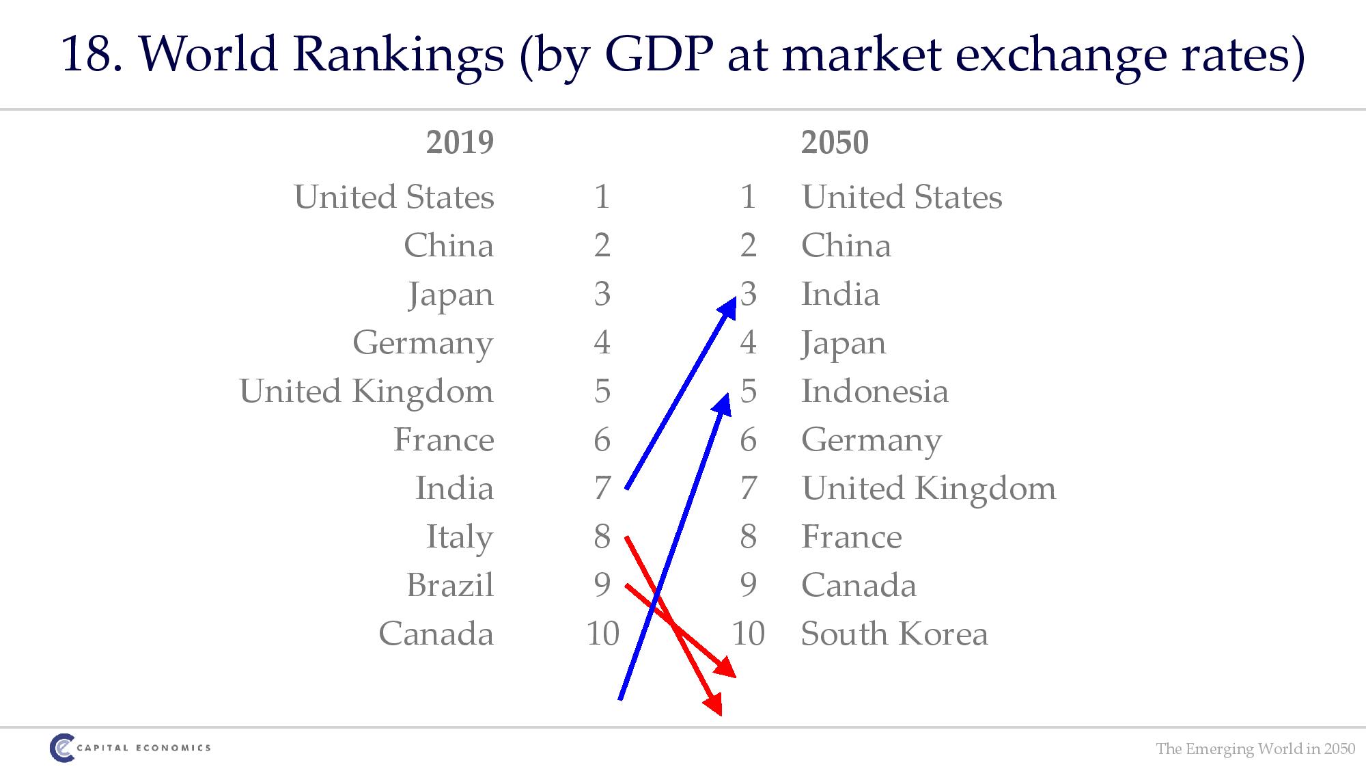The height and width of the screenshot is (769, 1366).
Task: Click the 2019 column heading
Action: pyautogui.click(x=460, y=143)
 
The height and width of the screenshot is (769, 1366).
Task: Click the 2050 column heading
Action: pyautogui.click(x=835, y=143)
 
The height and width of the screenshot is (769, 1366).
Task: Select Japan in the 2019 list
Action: pyautogui.click(x=451, y=295)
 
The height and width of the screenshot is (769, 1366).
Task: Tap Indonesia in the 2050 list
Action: pyautogui.click(x=874, y=392)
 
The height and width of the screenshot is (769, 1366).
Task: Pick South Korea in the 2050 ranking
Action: pyautogui.click(x=894, y=634)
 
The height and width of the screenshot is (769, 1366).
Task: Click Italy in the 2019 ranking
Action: pyautogui.click(x=460, y=537)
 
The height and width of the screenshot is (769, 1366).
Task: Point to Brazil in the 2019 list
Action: pyautogui.click(x=450, y=585)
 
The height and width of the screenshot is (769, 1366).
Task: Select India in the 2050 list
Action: pyautogui.click(x=840, y=295)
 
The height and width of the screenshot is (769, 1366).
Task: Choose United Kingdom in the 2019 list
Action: pyautogui.click(x=366, y=392)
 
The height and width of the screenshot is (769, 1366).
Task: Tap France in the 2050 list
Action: pyautogui.click(x=851, y=537)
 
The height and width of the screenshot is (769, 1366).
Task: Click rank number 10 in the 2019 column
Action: pyautogui.click(x=602, y=634)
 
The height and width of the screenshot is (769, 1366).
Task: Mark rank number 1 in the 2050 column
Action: pyautogui.click(x=748, y=198)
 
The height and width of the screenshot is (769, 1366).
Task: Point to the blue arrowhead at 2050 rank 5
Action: pyautogui.click(x=723, y=403)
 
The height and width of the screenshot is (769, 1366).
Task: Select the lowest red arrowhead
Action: pyautogui.click(x=714, y=704)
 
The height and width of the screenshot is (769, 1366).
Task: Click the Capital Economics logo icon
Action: pyautogui.click(x=61, y=747)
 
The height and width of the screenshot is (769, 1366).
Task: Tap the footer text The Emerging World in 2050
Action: pyautogui.click(x=1255, y=748)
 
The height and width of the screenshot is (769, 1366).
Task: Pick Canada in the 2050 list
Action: pyautogui.click(x=859, y=585)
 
